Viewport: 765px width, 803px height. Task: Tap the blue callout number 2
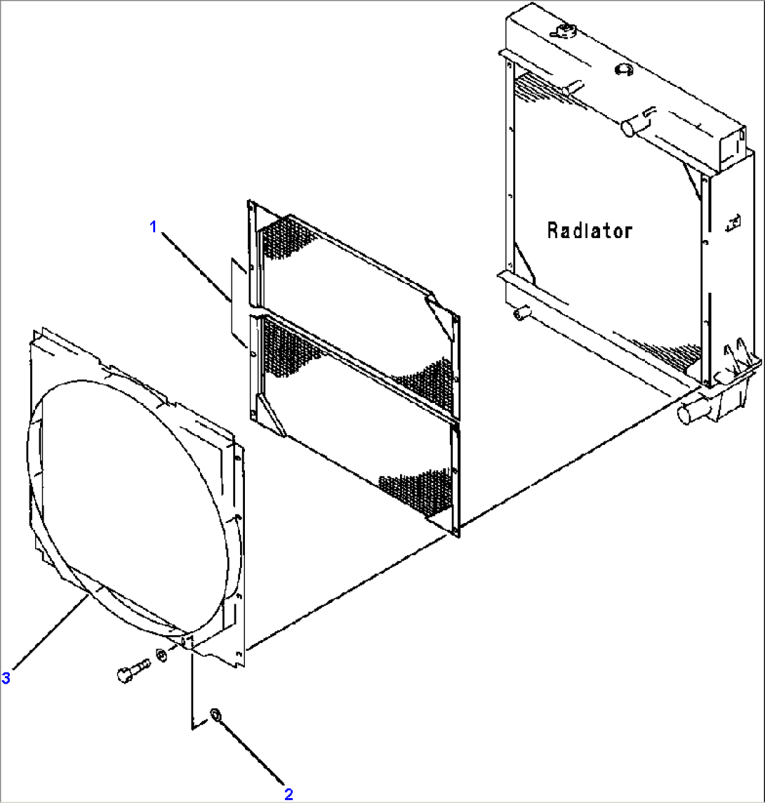pyautogui.click(x=288, y=794)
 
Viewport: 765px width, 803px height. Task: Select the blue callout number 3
pyautogui.click(x=6, y=677)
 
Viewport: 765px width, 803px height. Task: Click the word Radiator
pyautogui.click(x=590, y=230)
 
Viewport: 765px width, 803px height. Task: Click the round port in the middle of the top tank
pyautogui.click(x=623, y=69)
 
